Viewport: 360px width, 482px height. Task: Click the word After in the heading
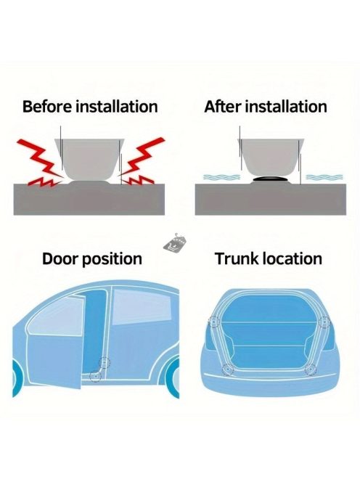(223, 107)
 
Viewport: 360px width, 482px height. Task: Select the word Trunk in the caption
(236, 258)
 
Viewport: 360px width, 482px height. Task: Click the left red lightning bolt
(40, 163)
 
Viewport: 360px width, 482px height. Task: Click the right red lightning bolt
(142, 163)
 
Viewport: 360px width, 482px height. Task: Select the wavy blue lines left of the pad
(221, 177)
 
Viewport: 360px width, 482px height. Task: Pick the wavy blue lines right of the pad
(324, 177)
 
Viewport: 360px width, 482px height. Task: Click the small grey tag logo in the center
(175, 243)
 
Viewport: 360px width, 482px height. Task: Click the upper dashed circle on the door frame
(105, 363)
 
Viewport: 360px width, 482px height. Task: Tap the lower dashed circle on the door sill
(95, 376)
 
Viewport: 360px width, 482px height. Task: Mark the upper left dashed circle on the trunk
(213, 322)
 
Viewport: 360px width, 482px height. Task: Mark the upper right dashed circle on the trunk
(324, 322)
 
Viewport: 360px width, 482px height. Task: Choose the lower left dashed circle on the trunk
(228, 369)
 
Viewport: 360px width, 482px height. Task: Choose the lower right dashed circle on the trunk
(311, 369)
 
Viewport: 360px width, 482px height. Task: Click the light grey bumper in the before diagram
(89, 160)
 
